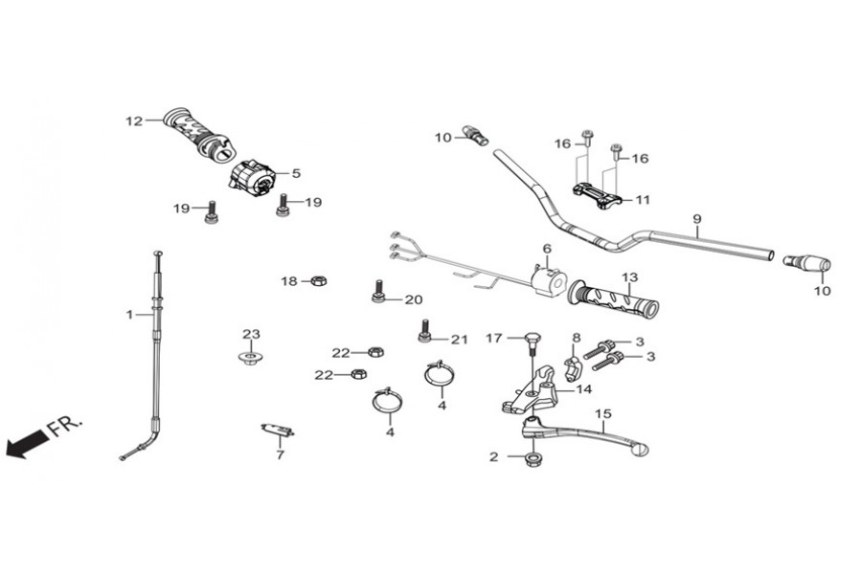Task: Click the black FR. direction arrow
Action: (x=27, y=443)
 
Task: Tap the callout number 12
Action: (x=134, y=121)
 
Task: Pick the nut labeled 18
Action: (x=319, y=281)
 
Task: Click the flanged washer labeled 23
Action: (x=251, y=358)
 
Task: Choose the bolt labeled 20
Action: (x=378, y=291)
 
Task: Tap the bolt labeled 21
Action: (x=424, y=331)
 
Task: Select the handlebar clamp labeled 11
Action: (x=597, y=196)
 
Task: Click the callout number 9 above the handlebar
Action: (x=697, y=219)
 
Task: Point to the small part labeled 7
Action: (x=278, y=430)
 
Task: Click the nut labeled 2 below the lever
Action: (x=533, y=459)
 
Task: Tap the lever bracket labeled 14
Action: (x=531, y=390)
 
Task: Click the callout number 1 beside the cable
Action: (x=129, y=315)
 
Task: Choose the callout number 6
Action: (x=547, y=249)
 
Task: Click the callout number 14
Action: (x=584, y=389)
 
